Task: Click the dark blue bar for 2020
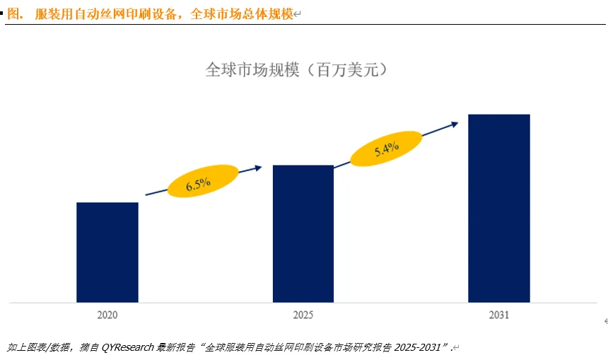click(107, 252)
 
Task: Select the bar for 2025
click(303, 233)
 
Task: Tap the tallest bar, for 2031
click(498, 208)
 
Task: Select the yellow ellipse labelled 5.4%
click(386, 149)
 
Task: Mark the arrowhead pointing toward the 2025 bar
click(258, 168)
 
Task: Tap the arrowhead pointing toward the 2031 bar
click(454, 123)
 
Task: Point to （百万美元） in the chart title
click(344, 69)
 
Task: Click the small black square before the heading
click(3, 13)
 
